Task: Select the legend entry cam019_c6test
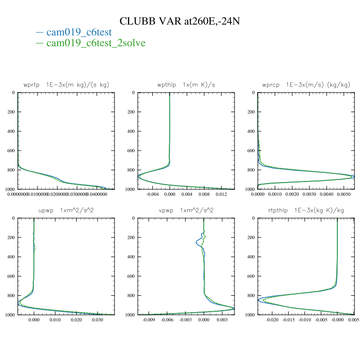point(79,32)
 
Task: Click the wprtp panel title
point(66,84)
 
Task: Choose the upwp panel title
point(66,210)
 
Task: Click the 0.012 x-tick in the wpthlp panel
point(221,195)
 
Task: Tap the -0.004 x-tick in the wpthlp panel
point(153,195)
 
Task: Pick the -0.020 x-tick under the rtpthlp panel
point(271,320)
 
